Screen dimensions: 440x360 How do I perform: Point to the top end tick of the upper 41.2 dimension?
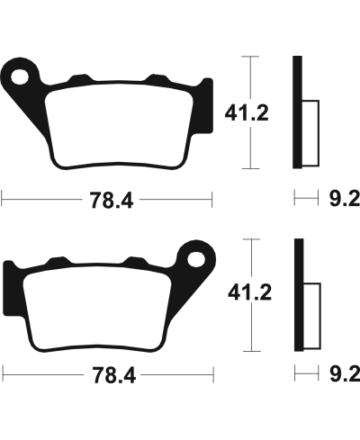[251, 55]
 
